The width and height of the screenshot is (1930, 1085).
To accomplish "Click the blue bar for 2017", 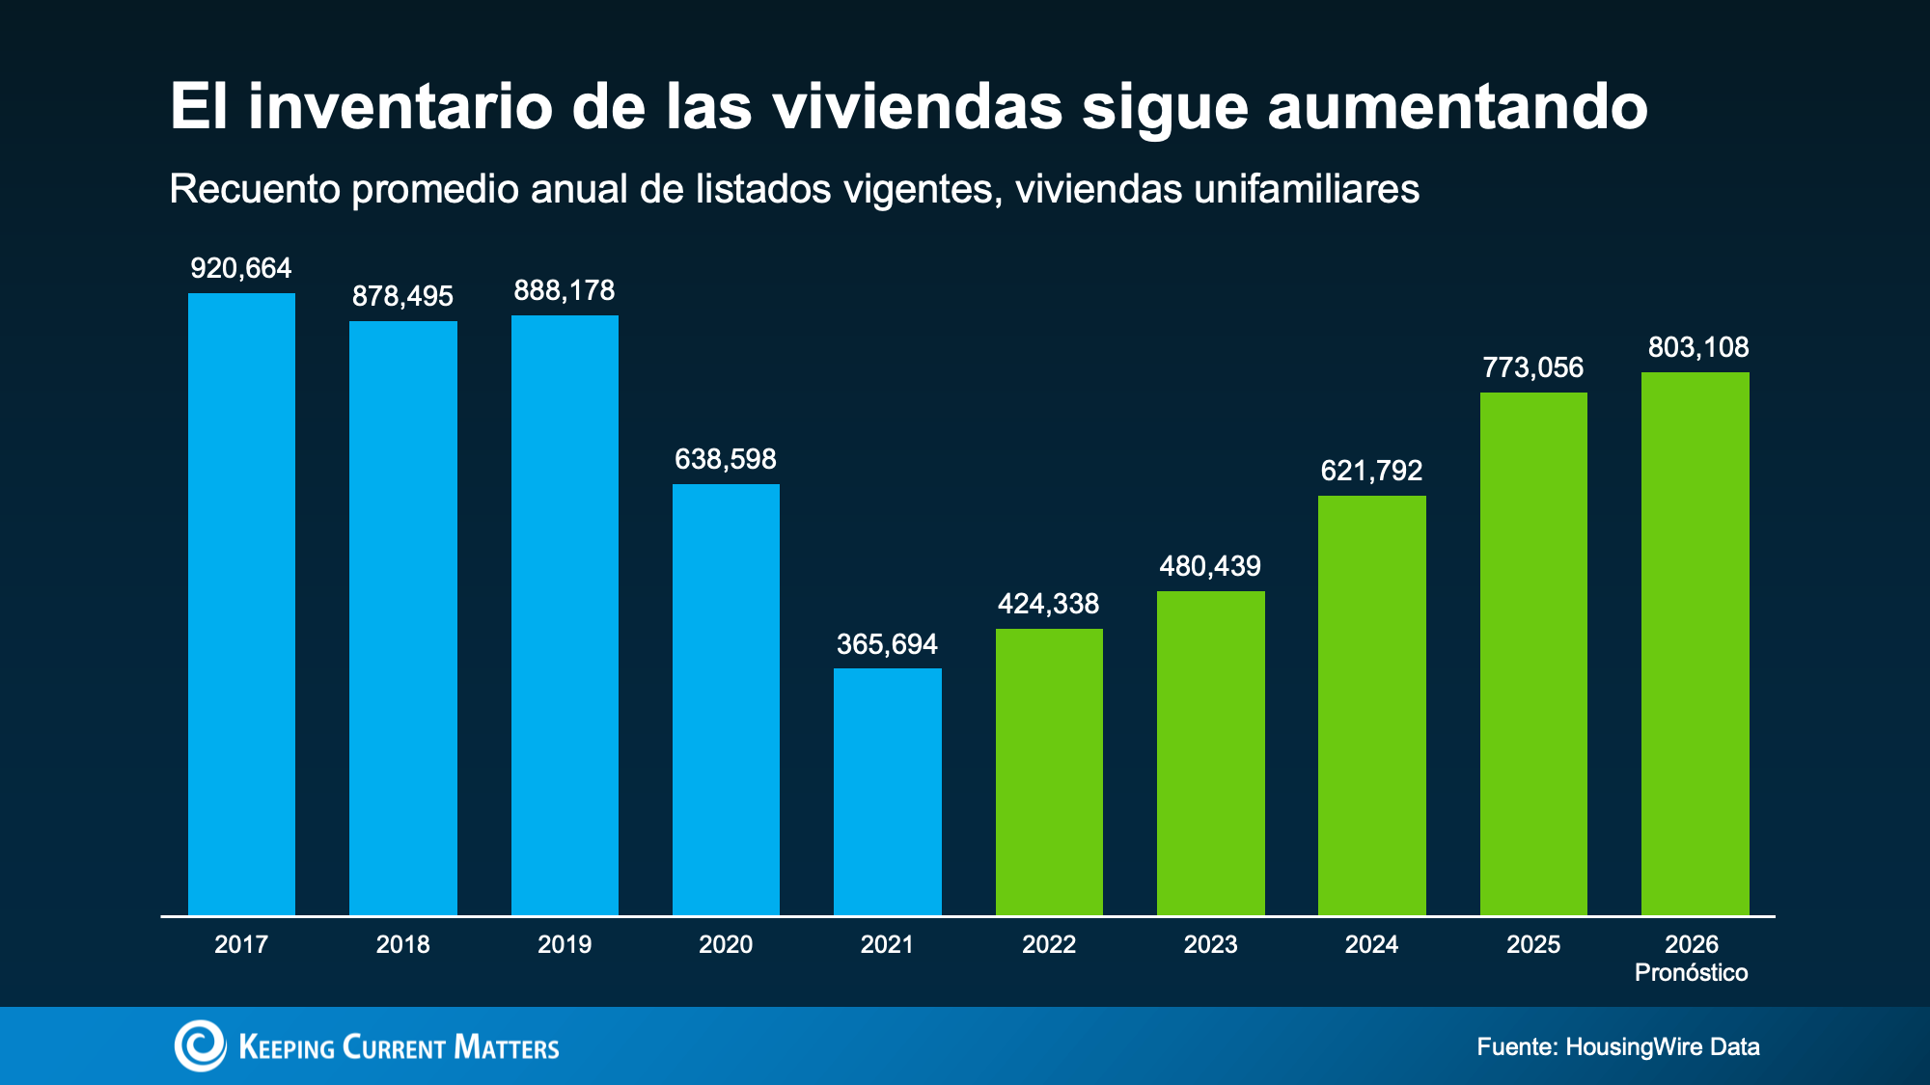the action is [241, 604].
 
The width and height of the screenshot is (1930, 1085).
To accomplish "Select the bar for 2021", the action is [888, 792].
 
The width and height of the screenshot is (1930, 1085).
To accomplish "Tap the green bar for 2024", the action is [1372, 705].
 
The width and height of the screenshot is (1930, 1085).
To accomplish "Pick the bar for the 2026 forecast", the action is [1696, 643].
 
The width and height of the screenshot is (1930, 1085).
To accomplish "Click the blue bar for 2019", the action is [565, 615].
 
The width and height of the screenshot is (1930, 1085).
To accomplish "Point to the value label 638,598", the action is [726, 459].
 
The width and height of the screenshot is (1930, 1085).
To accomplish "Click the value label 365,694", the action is [887, 644].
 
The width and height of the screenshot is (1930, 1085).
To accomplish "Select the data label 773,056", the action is [1533, 367].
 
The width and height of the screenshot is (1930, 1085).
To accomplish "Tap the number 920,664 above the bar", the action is [241, 268].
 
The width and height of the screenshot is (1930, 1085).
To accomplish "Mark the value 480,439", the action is [1210, 566].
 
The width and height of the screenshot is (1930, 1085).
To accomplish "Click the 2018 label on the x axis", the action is [403, 944].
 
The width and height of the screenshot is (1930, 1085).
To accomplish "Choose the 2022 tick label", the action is [1049, 944].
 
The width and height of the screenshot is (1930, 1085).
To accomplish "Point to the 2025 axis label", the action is [1533, 944].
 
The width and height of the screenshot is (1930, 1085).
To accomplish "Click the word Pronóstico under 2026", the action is [1692, 972].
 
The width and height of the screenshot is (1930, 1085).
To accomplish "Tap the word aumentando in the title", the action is [1457, 106].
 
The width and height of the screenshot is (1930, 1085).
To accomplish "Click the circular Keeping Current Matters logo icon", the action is [200, 1045].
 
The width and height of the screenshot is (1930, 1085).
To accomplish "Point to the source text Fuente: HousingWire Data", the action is [1618, 1047].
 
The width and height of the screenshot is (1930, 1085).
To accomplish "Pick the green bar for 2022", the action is [1049, 772].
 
